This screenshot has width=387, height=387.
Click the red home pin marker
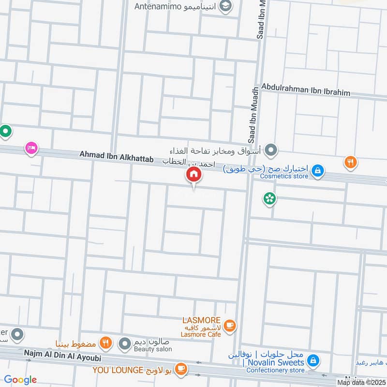[x=193, y=175]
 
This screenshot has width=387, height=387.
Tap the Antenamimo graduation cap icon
[x=225, y=6]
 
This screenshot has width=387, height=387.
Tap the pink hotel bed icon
[x=31, y=148]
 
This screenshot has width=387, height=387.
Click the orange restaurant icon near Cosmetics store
[x=351, y=163]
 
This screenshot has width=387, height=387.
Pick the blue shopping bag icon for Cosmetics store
[x=318, y=170]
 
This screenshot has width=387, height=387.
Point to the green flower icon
[x=269, y=198]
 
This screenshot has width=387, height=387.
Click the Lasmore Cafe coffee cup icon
[x=230, y=326]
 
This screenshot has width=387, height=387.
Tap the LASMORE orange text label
[x=201, y=320]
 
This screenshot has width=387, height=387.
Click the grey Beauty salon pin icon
[x=126, y=344]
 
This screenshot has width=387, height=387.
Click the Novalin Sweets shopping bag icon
[x=313, y=361]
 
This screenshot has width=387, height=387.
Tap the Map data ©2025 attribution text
[x=360, y=382]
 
